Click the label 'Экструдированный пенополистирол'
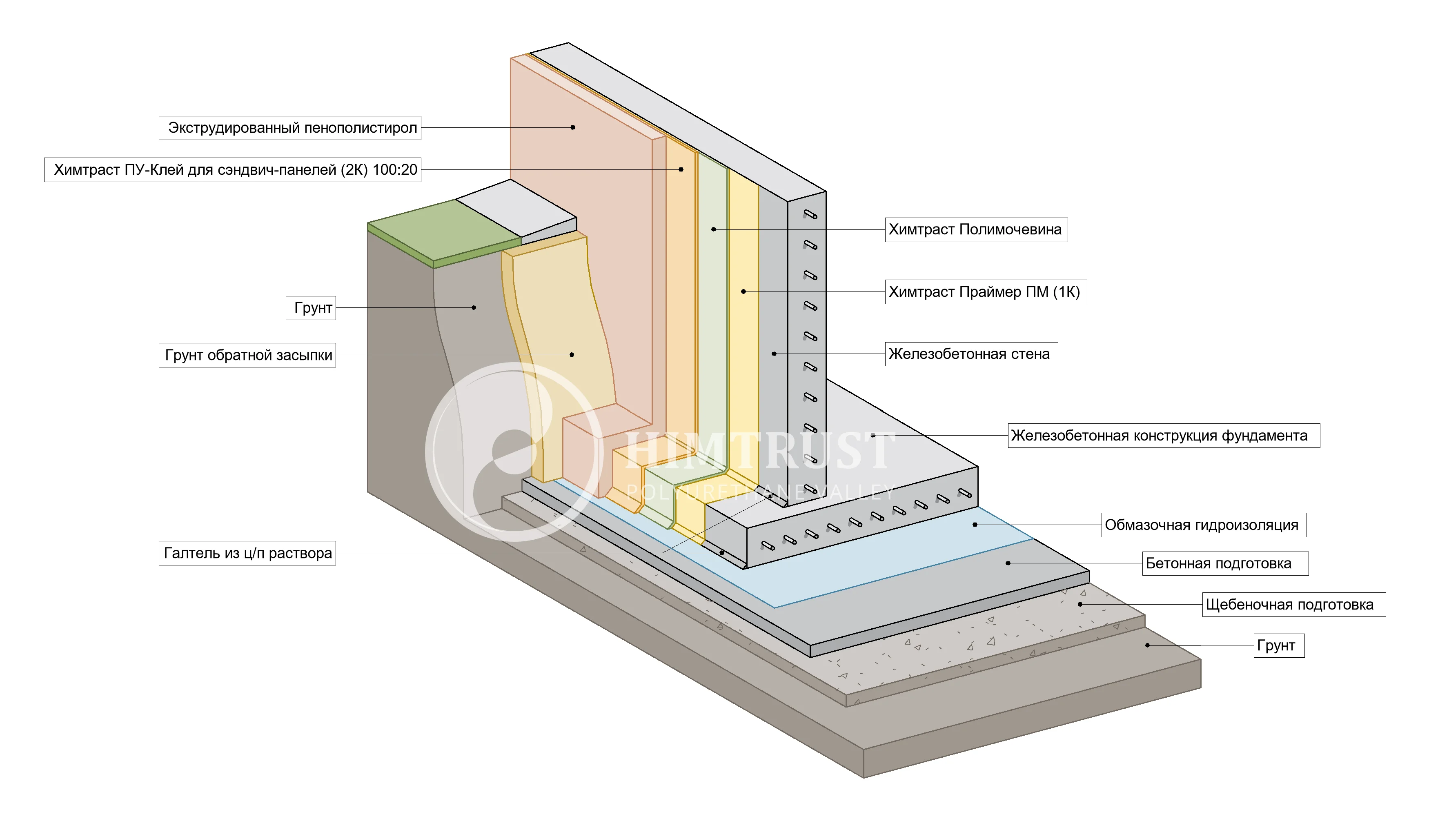[290, 128]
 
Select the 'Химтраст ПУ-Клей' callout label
[232, 170]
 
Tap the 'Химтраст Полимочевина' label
[976, 229]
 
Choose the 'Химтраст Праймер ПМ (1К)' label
[985, 292]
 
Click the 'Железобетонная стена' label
[970, 354]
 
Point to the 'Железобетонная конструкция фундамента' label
[1163, 436]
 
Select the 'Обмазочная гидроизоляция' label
[1204, 525]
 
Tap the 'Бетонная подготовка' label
[1225, 563]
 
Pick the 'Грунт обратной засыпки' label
[247, 355]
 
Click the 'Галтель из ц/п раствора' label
[247, 553]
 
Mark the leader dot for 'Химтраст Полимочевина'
[713, 229]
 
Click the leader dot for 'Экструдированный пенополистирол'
[573, 127]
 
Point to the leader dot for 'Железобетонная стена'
[774, 354]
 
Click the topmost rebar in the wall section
[810, 214]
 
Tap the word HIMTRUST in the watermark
[759, 451]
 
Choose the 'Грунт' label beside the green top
[311, 308]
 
